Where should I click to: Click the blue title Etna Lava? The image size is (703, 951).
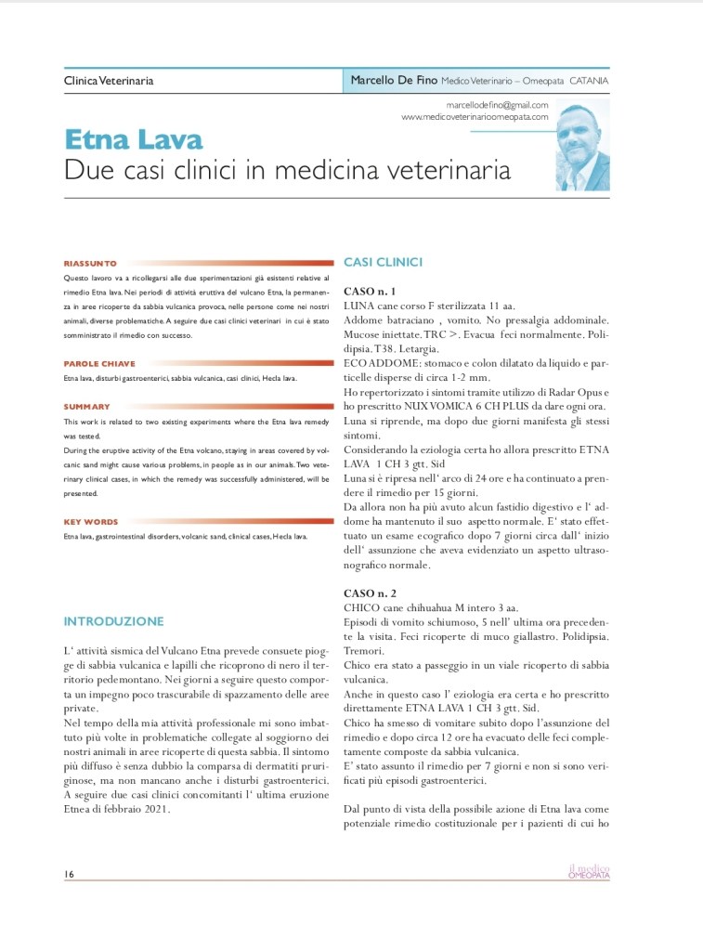tap(133, 140)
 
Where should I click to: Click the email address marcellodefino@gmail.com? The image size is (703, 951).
tap(497, 106)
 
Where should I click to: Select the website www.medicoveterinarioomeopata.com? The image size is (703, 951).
tap(475, 118)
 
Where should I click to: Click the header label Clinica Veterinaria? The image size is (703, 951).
tap(109, 81)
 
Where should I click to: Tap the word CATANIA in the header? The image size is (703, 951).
tap(589, 81)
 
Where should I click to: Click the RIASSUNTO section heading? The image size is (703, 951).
tap(90, 264)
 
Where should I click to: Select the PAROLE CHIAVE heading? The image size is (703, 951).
tap(99, 364)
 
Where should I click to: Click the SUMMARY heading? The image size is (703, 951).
tap(86, 407)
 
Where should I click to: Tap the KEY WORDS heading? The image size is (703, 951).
tap(91, 522)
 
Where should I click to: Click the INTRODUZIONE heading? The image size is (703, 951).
tap(113, 621)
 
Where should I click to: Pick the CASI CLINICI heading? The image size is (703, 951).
tap(383, 263)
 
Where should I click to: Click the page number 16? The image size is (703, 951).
tap(69, 874)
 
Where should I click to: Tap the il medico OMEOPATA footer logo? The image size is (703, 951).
tap(589, 871)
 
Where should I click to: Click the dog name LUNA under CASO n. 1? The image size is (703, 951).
tap(358, 306)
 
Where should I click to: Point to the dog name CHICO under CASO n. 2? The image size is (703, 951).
tap(362, 606)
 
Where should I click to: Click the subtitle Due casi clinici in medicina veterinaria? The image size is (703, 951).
tap(287, 171)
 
